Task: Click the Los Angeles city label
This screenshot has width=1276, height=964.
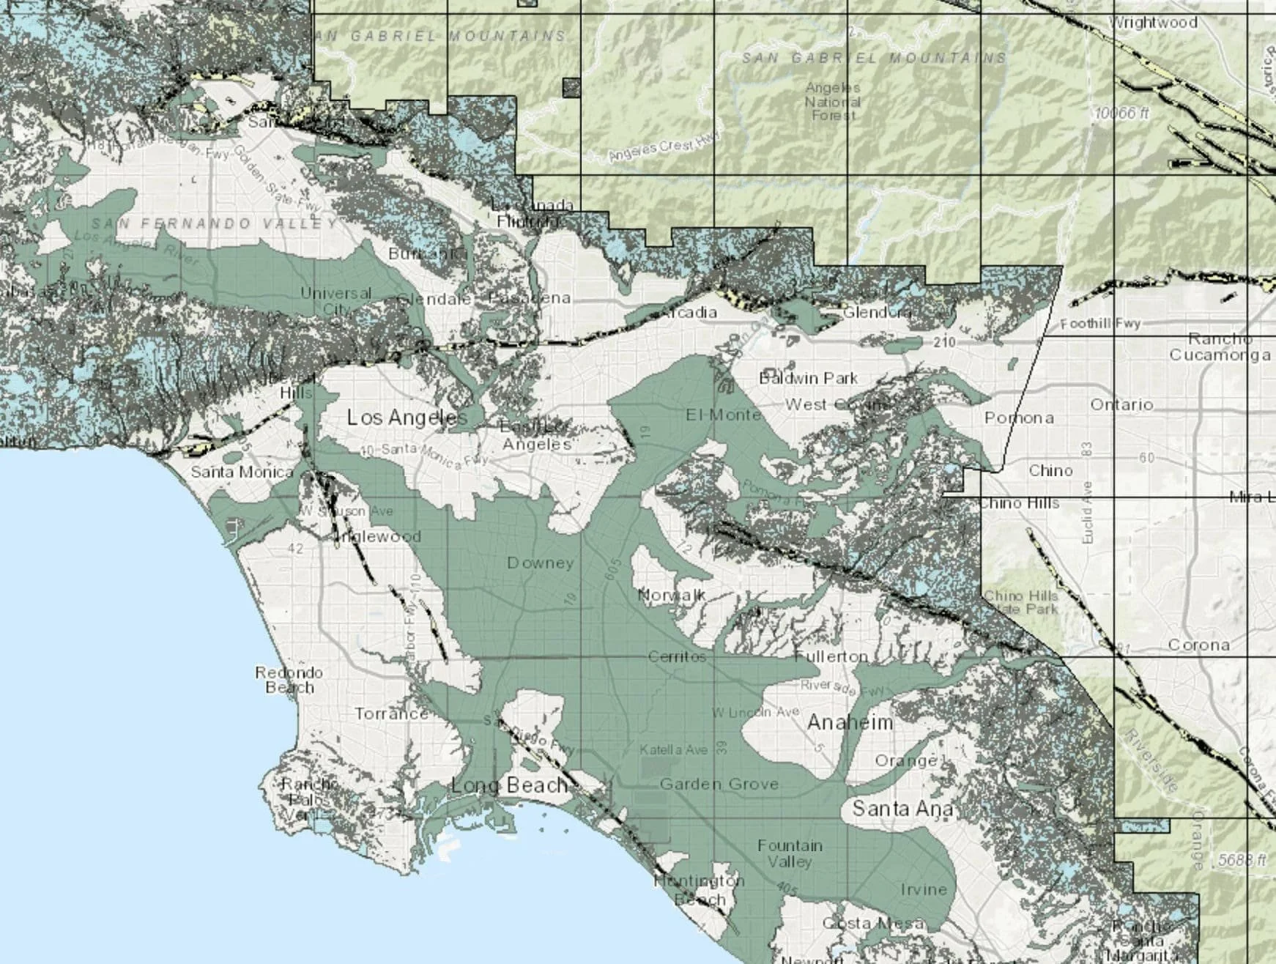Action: coord(407,418)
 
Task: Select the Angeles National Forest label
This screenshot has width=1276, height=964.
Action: coord(833,101)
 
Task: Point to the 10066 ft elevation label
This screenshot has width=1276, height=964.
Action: coord(1122,113)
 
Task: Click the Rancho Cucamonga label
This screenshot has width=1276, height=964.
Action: coord(1220,347)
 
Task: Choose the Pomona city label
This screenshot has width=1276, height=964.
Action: coord(1019,418)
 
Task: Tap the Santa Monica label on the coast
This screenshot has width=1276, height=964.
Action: coord(242,472)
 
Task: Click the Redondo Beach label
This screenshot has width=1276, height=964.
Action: coord(289,680)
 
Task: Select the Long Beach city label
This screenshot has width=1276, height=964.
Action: coord(510,786)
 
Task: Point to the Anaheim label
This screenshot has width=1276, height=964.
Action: coord(850,722)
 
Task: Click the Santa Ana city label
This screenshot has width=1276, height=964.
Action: coord(902,809)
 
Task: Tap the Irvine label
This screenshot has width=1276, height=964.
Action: coord(924,889)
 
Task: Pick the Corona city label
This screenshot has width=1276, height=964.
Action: coord(1198,645)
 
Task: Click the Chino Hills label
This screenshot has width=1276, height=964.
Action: coord(1019,503)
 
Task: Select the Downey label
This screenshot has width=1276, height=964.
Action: coord(540,563)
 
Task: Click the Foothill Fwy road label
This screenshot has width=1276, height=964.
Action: coord(1100,324)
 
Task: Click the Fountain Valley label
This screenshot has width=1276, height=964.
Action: coord(790,853)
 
